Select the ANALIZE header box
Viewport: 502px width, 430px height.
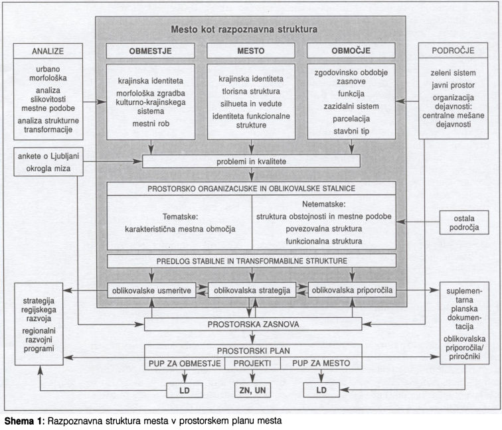tap(48, 51)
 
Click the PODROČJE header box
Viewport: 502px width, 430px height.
tap(452, 51)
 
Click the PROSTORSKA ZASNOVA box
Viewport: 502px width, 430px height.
tap(253, 324)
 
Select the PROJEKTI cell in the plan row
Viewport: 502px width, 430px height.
tap(252, 363)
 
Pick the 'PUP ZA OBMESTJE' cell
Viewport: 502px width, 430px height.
tap(184, 363)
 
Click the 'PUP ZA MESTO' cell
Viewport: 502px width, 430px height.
tap(321, 363)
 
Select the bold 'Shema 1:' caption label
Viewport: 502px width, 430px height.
tap(25, 421)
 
